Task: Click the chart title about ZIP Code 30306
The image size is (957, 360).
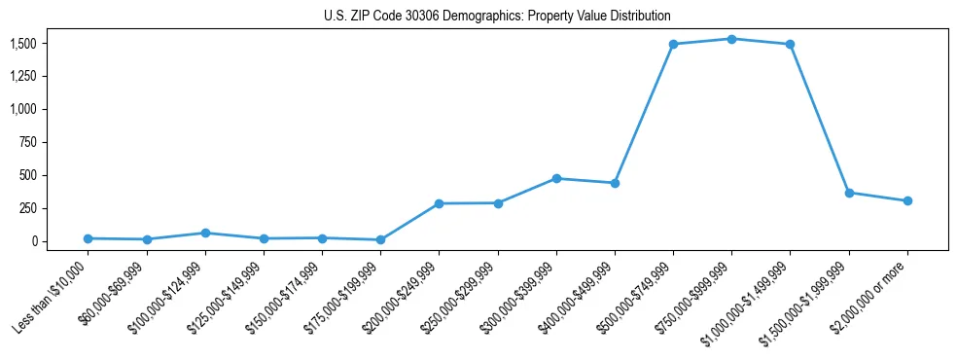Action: (x=497, y=17)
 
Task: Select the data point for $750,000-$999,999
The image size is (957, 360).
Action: (x=731, y=39)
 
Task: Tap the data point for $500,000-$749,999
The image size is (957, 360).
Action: (x=673, y=44)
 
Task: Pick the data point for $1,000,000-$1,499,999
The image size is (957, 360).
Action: (x=790, y=44)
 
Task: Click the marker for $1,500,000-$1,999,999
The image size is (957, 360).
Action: (x=849, y=193)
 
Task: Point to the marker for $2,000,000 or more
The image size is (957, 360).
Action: (x=907, y=200)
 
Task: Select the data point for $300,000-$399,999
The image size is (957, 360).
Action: (x=556, y=178)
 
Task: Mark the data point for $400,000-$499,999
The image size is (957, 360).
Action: (x=615, y=183)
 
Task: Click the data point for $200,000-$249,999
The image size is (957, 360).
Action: (x=439, y=203)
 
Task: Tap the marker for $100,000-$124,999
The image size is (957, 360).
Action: (x=204, y=233)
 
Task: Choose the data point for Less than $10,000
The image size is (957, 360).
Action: (x=88, y=238)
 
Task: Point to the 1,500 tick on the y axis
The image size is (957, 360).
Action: (x=37, y=44)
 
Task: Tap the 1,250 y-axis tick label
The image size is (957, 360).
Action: (x=37, y=77)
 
